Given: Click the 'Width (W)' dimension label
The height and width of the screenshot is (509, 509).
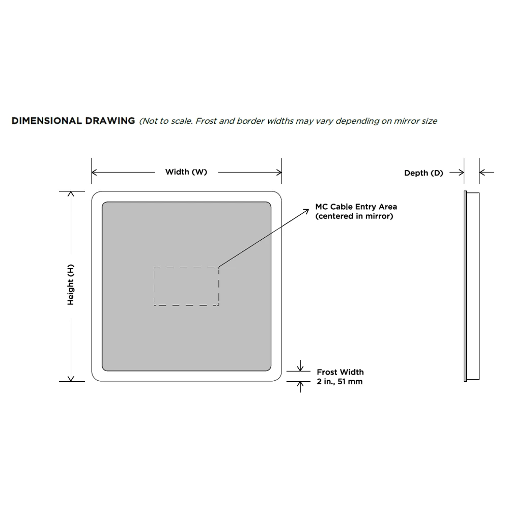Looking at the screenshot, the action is pyautogui.click(x=186, y=172).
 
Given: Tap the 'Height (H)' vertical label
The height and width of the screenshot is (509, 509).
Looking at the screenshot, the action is pyautogui.click(x=70, y=285).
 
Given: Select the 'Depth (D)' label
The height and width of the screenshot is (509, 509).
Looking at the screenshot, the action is pyautogui.click(x=423, y=173).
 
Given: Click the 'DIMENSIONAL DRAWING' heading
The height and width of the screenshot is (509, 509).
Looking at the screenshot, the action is pyautogui.click(x=73, y=121).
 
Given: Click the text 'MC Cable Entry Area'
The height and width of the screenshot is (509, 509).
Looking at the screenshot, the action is pyautogui.click(x=356, y=207).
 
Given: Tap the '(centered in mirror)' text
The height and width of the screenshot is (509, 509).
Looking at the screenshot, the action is pyautogui.click(x=354, y=216).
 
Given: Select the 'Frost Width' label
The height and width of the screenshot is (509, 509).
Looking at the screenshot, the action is pyautogui.click(x=340, y=372).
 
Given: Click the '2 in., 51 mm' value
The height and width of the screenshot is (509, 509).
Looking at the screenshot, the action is pyautogui.click(x=340, y=382).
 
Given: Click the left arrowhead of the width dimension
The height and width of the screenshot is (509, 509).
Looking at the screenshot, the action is pyautogui.click(x=94, y=173).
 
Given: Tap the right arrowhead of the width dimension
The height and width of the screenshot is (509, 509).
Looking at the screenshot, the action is pyautogui.click(x=279, y=173).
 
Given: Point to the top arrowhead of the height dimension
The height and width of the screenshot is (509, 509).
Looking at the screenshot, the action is pyautogui.click(x=71, y=194).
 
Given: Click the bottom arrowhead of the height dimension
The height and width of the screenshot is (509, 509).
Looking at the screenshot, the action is pyautogui.click(x=71, y=379).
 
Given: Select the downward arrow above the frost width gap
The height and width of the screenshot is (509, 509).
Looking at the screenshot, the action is pyautogui.click(x=300, y=366).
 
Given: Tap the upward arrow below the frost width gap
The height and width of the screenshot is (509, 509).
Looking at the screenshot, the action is pyautogui.click(x=300, y=387).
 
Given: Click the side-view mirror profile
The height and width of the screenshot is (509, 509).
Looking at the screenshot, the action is pyautogui.click(x=472, y=286).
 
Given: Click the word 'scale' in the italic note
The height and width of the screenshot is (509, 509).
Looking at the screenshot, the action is pyautogui.click(x=181, y=121).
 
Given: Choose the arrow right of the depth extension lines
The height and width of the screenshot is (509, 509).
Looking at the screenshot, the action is pyautogui.click(x=487, y=173).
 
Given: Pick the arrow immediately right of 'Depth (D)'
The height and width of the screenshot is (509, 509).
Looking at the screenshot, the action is pyautogui.click(x=457, y=173).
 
